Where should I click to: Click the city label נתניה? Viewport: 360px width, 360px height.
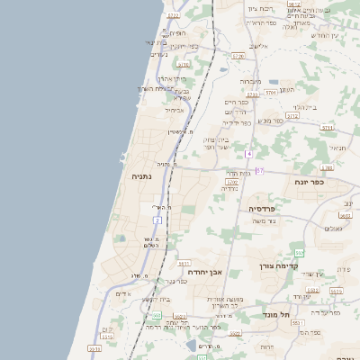[x=142, y=177]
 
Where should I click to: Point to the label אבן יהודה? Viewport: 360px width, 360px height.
[x=203, y=271]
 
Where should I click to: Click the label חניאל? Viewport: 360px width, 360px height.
[x=337, y=148]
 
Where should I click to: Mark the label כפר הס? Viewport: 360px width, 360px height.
[x=310, y=332]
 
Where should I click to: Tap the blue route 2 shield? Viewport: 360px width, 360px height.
[x=157, y=220]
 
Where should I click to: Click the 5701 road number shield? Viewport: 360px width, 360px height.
[x=273, y=92]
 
